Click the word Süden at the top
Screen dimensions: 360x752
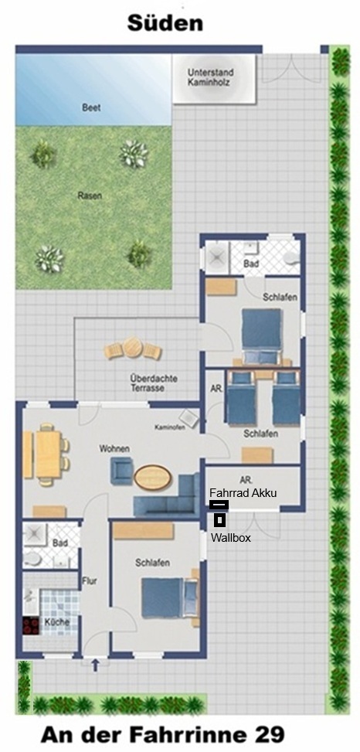click(x=165, y=22)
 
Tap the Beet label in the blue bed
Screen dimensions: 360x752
click(x=91, y=108)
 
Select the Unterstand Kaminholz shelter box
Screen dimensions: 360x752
click(x=213, y=78)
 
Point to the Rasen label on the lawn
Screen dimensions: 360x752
click(x=90, y=196)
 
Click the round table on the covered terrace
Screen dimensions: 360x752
click(x=133, y=347)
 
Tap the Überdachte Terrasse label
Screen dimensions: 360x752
click(x=154, y=383)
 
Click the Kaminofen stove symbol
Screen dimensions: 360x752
click(x=189, y=419)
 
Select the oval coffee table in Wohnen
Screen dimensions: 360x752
click(x=152, y=477)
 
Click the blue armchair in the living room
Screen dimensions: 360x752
click(x=122, y=471)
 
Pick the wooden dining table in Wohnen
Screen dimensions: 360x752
click(x=49, y=454)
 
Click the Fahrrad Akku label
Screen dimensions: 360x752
click(x=243, y=493)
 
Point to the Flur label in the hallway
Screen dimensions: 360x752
click(x=90, y=580)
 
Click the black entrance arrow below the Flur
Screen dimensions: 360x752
click(x=95, y=665)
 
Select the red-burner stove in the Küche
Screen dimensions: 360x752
click(x=31, y=626)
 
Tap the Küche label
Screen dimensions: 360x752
click(x=57, y=622)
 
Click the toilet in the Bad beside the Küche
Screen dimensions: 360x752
click(x=32, y=559)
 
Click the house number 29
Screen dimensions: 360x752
click(x=267, y=734)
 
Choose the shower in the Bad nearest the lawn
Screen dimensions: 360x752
click(x=216, y=258)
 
